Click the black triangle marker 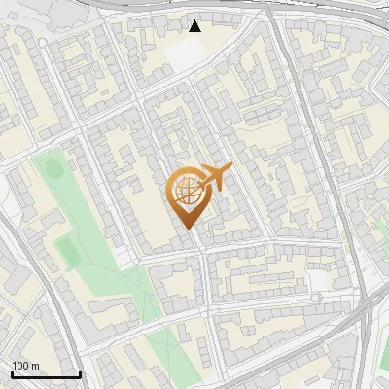point(195,25)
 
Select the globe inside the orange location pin point(186,192)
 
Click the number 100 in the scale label point(20,365)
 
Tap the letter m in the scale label point(35,365)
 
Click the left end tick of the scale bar point(11,372)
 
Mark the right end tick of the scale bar point(80,372)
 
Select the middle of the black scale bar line point(45,374)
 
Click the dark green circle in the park point(53,169)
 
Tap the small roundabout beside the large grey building point(317,296)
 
